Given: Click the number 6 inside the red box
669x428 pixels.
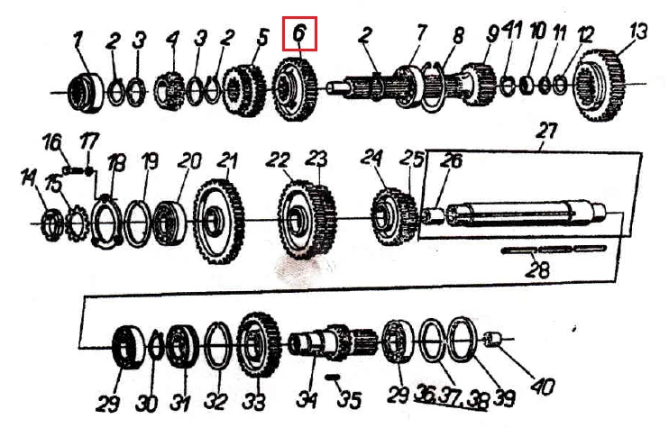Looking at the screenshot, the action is click(299, 32).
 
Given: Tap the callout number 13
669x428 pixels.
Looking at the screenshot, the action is click(638, 32).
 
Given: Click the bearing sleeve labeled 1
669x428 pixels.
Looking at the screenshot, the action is click(86, 92).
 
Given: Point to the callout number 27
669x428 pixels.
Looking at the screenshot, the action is click(547, 132).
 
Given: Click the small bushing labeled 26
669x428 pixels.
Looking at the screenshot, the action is click(435, 214).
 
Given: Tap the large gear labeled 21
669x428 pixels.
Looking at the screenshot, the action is click(219, 222).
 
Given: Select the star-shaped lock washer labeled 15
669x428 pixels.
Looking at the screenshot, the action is click(78, 223).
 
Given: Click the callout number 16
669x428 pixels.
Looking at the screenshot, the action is click(51, 142).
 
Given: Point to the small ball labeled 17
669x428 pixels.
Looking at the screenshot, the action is click(88, 172).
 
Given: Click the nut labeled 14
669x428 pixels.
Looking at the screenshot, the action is click(52, 223).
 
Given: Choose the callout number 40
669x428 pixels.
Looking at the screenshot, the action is click(543, 387).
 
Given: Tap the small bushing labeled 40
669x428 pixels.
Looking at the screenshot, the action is click(495, 340).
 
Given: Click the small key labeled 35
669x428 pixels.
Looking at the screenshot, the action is click(332, 377).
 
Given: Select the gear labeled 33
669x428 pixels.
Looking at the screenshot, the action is click(259, 344).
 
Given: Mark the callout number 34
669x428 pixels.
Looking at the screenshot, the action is click(307, 399).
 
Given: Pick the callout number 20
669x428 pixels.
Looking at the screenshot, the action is click(189, 161).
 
